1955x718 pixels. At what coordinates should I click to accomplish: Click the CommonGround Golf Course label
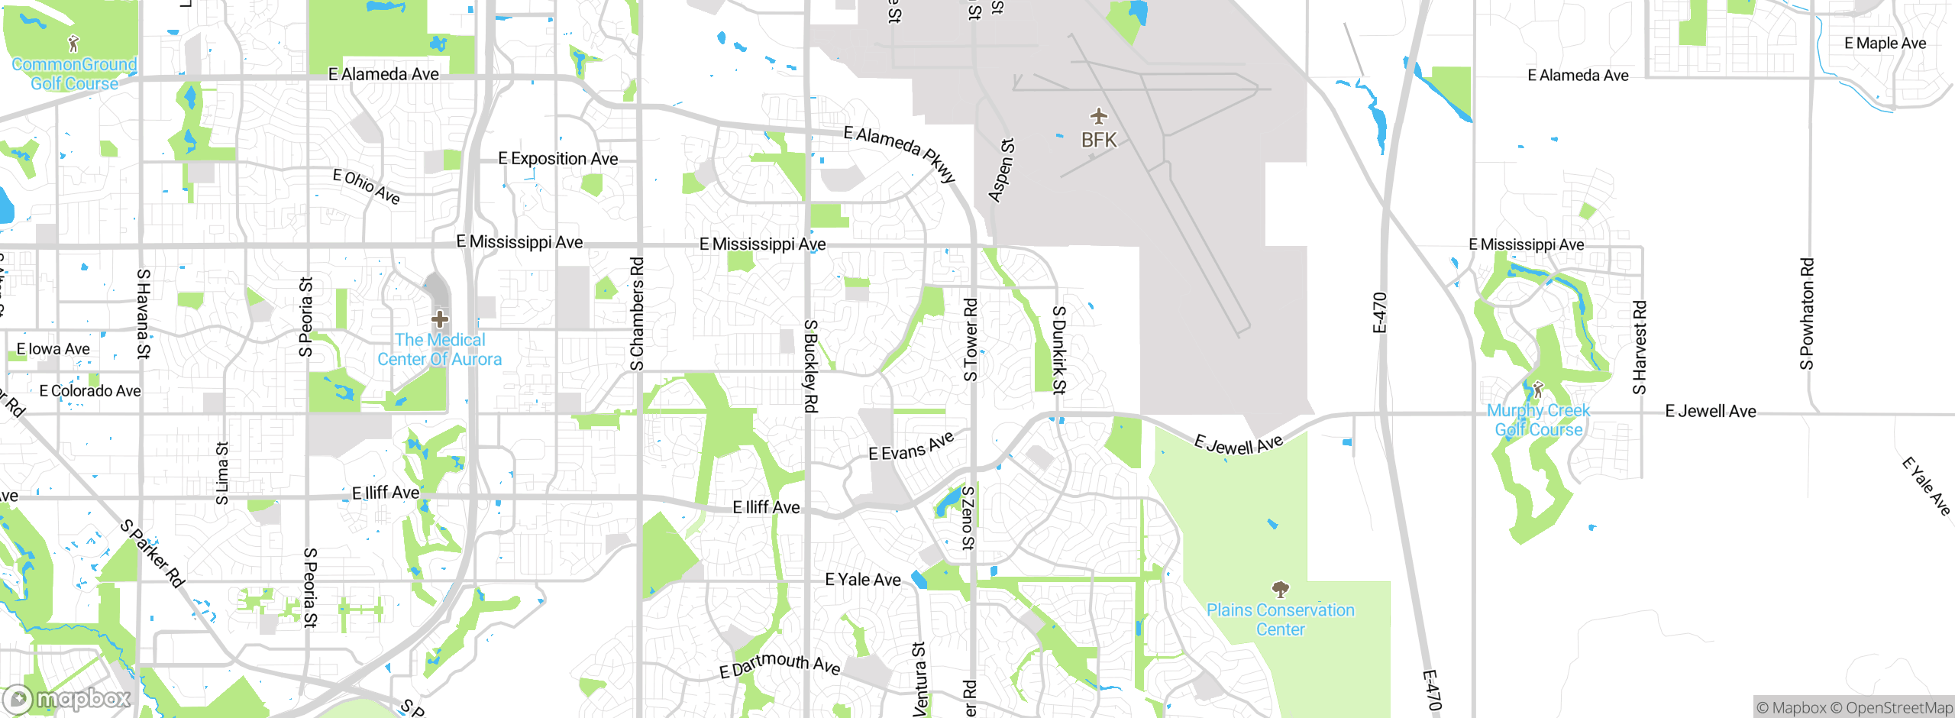coord(74,74)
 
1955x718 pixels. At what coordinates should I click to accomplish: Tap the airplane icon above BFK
coord(1098,117)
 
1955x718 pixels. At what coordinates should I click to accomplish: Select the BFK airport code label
coord(1099,141)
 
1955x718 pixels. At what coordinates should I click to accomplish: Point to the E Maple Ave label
coord(1885,44)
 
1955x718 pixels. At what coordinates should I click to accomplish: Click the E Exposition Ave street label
coord(558,159)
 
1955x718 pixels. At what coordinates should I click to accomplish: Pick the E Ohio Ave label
coord(367,186)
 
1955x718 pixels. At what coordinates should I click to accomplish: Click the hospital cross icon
coord(440,319)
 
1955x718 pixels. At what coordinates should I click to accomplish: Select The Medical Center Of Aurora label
coord(440,350)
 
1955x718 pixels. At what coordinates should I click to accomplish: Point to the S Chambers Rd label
coord(637,314)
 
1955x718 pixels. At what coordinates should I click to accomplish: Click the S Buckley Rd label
coord(810,367)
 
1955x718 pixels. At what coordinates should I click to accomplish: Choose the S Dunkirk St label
coord(1058,350)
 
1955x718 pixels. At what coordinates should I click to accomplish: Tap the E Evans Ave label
coord(911,447)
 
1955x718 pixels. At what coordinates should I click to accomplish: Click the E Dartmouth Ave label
coord(780,665)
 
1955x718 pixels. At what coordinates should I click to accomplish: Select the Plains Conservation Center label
coord(1281,619)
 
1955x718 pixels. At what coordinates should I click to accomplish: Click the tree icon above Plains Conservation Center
coord(1281,589)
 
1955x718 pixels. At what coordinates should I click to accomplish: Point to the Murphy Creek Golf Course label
coord(1539,420)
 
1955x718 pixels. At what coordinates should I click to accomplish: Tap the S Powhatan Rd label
coord(1807,313)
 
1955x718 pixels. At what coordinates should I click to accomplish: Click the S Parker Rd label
coord(153,554)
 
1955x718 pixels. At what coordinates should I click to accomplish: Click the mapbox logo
coord(67,699)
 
